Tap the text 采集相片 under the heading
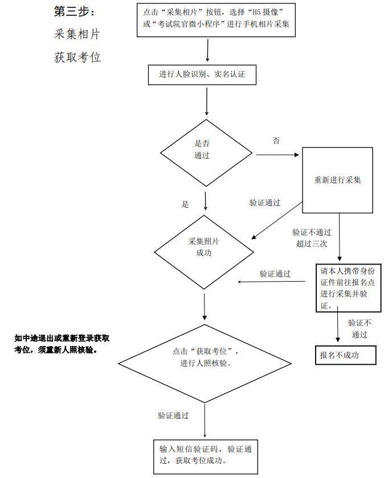point(77,34)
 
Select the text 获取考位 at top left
point(77,57)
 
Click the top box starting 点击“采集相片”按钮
point(216,20)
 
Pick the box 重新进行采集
point(338,180)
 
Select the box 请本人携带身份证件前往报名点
point(341,287)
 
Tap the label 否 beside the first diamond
point(276,141)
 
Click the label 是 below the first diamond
point(185,204)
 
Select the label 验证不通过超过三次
point(312,238)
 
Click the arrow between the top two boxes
point(207,50)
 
